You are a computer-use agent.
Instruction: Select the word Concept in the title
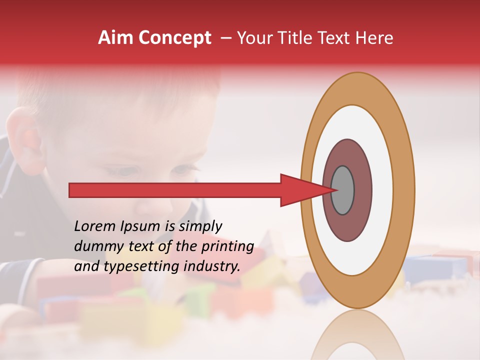point(174,38)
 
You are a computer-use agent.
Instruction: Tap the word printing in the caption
point(227,247)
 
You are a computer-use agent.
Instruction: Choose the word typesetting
point(142,266)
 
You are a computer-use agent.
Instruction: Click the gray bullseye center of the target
point(343,190)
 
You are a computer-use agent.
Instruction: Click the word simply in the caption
point(199,226)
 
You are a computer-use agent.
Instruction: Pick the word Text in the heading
point(336,38)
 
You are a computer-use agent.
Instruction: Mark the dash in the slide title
point(226,38)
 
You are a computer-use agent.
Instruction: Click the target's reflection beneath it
point(357,335)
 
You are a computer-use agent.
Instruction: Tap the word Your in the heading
point(254,38)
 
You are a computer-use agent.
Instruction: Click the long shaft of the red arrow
point(175,190)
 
